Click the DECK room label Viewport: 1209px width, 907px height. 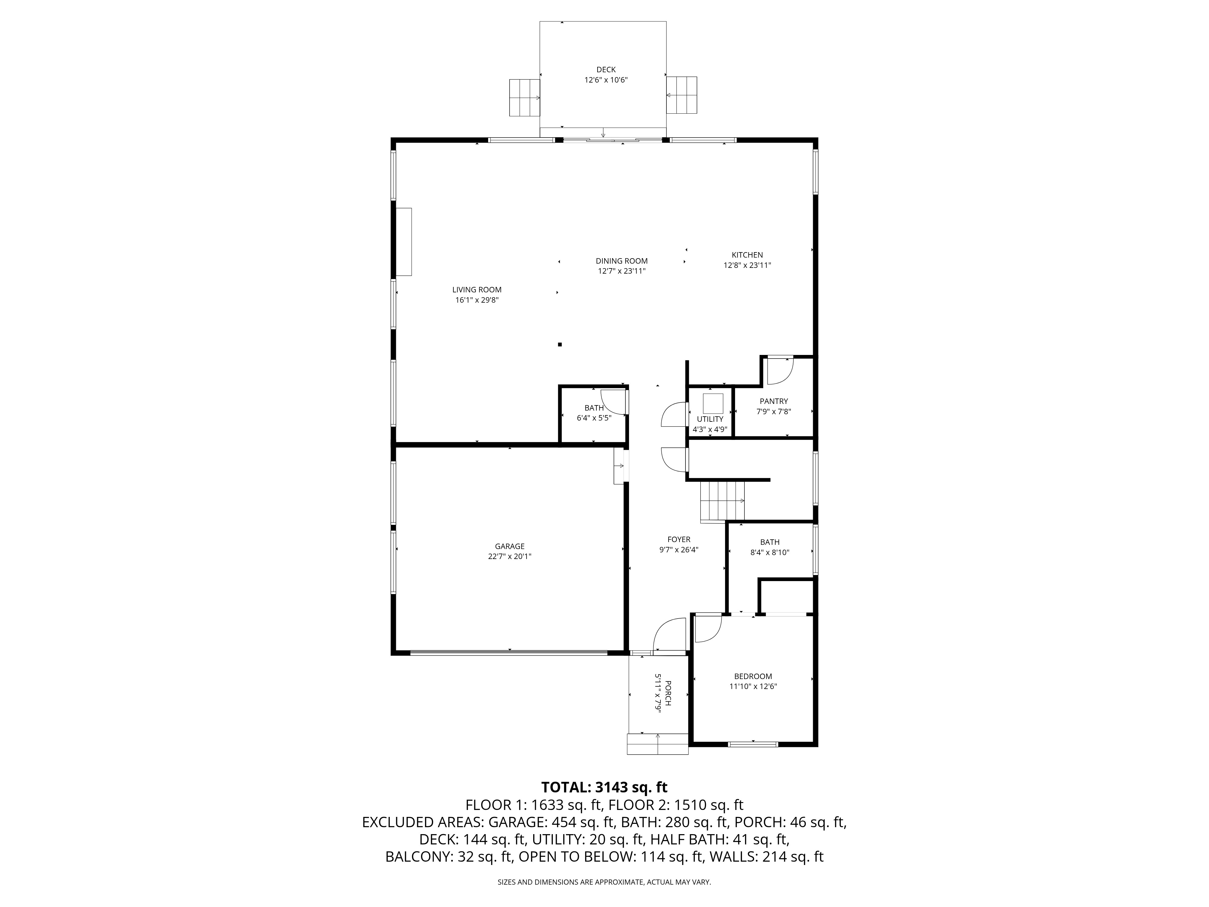click(606, 70)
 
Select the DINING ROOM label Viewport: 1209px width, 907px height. click(621, 261)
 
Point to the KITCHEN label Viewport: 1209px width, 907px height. click(747, 255)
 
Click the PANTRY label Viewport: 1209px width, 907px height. click(773, 401)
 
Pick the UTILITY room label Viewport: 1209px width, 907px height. click(709, 419)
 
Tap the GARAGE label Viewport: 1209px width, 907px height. click(509, 546)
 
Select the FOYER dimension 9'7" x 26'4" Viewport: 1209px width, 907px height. click(679, 550)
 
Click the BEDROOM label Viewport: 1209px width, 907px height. click(753, 676)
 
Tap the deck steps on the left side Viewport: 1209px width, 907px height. click(524, 97)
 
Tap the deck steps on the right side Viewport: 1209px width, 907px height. click(682, 95)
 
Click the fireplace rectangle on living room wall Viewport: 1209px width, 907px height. click(404, 242)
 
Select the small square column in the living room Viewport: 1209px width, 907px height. click(560, 344)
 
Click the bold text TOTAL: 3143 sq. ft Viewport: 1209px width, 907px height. click(604, 787)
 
